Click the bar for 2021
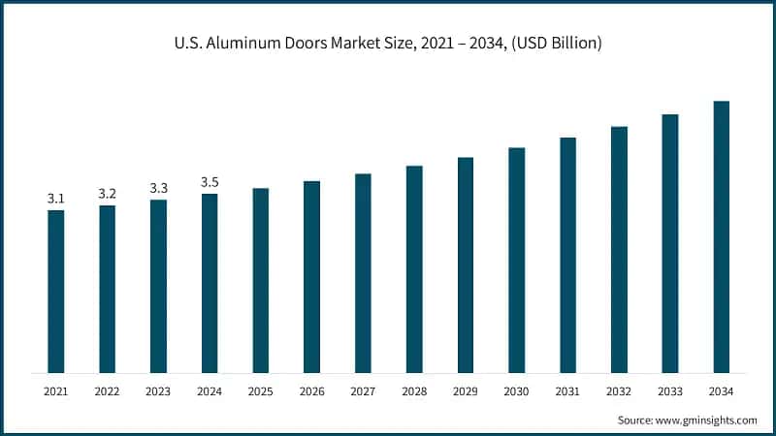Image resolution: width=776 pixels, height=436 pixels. [x=56, y=291]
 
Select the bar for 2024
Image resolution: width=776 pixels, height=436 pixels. [x=210, y=283]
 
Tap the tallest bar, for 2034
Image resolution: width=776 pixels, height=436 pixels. [x=721, y=236]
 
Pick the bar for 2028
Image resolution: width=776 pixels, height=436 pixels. [x=414, y=268]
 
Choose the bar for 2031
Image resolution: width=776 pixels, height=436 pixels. [x=567, y=255]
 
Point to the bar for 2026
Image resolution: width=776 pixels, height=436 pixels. [x=311, y=276]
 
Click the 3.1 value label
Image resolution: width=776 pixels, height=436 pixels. [x=56, y=199]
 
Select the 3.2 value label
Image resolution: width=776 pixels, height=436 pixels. [x=108, y=194]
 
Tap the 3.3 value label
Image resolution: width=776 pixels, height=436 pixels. [x=158, y=188]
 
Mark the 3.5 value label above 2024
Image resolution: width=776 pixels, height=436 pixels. [x=210, y=182]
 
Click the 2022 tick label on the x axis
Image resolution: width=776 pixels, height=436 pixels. [x=108, y=391]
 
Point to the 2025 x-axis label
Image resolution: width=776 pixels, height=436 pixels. [x=261, y=391]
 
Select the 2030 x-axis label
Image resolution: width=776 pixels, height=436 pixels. [x=516, y=391]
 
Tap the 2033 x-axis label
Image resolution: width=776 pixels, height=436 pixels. [x=669, y=391]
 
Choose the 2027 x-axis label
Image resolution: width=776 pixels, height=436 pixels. [x=363, y=391]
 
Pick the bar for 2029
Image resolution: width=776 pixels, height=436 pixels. [x=466, y=265]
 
